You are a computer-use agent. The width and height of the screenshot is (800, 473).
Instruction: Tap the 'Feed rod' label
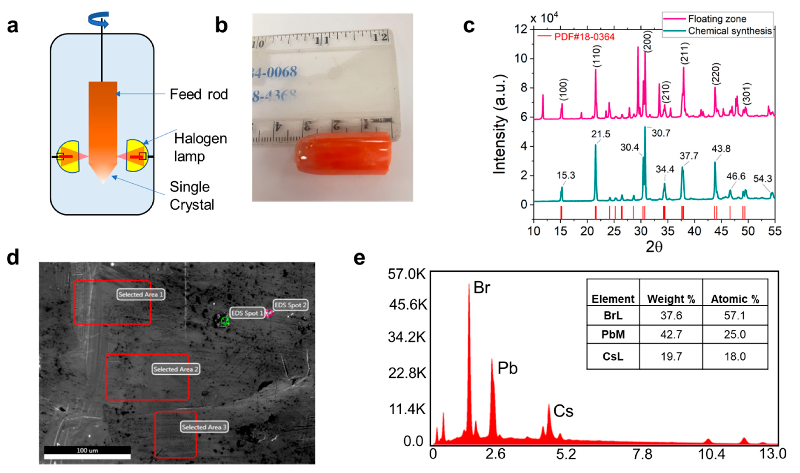coord(199,94)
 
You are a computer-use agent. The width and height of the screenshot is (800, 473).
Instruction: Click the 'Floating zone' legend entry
coord(717,19)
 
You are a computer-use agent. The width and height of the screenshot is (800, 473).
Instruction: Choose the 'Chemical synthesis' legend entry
coord(730,31)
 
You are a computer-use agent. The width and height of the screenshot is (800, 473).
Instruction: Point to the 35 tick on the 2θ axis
coord(667,231)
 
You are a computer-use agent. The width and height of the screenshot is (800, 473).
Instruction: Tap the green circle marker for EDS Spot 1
coord(225,321)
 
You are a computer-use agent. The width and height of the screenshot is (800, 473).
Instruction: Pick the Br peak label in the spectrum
coord(482,288)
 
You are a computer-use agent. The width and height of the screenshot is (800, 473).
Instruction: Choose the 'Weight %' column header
coord(671,299)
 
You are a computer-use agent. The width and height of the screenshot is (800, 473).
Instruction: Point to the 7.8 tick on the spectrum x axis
coord(642,454)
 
